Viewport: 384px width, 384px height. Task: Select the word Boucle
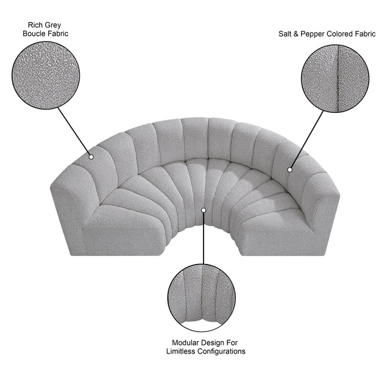tap(33, 34)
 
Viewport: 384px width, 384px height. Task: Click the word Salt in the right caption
tap(285, 34)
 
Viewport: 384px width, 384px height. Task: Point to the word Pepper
tap(311, 34)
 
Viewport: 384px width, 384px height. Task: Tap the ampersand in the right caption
tap(296, 34)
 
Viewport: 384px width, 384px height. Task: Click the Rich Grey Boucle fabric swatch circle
tap(46, 76)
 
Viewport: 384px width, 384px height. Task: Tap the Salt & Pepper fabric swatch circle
tap(335, 79)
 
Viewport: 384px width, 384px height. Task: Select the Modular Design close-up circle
tap(202, 298)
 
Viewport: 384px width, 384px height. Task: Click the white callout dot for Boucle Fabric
tap(91, 157)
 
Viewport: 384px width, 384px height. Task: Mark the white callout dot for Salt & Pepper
tap(290, 169)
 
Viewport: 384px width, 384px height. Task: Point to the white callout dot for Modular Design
tap(204, 210)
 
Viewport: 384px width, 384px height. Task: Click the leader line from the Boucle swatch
tap(74, 132)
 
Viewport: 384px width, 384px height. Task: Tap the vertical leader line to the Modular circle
tap(203, 238)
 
